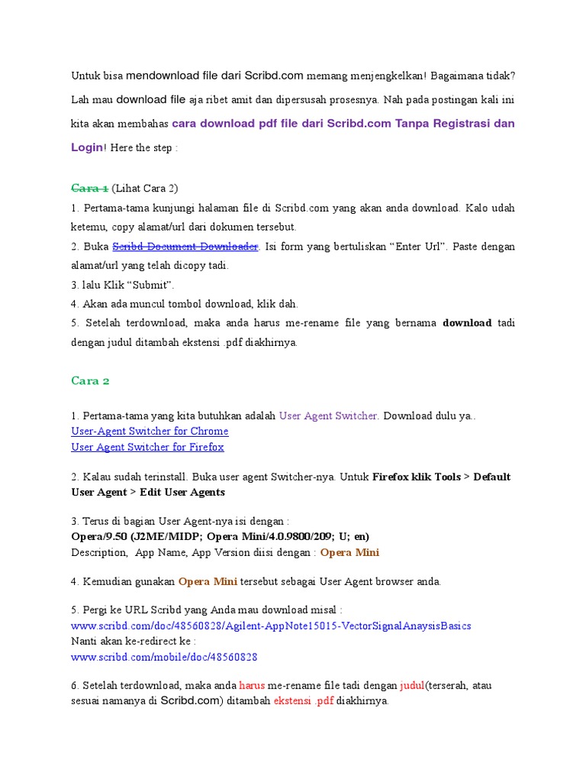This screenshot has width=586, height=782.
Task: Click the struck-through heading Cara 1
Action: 89,189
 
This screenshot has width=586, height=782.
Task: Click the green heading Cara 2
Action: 91,380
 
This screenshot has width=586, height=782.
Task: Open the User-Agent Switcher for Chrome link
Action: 150,431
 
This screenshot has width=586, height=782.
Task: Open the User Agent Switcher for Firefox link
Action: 147,447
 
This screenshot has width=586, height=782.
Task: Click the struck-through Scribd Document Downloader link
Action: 185,247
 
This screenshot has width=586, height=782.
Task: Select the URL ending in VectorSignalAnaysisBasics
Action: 271,625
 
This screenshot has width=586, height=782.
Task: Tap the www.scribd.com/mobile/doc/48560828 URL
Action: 164,656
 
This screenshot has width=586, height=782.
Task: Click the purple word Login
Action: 86,147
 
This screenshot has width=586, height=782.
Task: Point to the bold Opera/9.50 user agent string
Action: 220,536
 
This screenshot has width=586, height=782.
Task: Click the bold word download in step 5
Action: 467,323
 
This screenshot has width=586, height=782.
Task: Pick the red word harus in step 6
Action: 252,686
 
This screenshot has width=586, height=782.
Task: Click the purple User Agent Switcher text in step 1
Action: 329,416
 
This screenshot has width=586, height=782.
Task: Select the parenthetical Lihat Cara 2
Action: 144,189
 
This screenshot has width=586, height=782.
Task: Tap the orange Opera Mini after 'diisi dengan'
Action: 349,552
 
